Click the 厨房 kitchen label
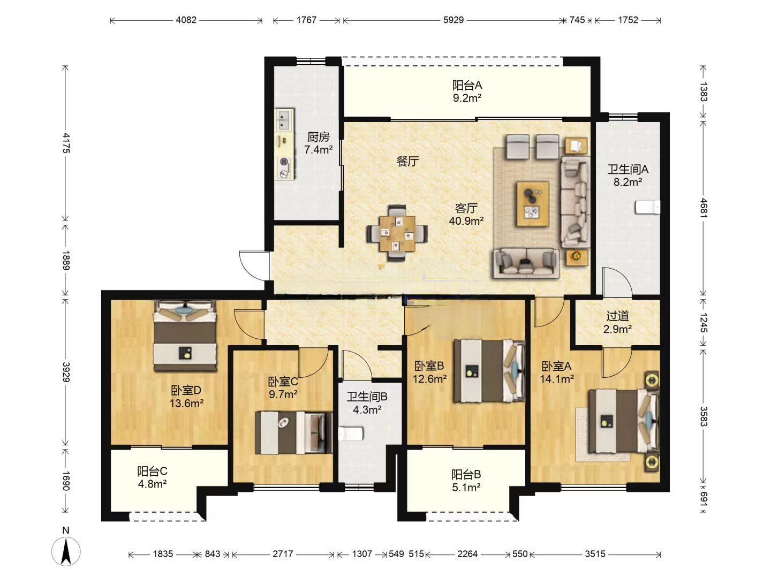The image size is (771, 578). (318, 136)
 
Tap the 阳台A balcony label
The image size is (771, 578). (466, 85)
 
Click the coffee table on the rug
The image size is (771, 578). (533, 204)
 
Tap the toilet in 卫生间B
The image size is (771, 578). (350, 433)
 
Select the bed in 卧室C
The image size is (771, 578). (293, 433)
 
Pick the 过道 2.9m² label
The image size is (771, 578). (617, 323)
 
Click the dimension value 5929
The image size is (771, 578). (453, 20)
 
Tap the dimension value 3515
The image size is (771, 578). (595, 554)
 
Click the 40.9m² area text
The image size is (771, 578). (466, 220)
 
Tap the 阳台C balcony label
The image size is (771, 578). (152, 471)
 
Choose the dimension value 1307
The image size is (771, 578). (362, 554)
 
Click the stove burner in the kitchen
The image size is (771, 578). (283, 162)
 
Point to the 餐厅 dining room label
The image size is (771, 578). (407, 161)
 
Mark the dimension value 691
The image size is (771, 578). (704, 498)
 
